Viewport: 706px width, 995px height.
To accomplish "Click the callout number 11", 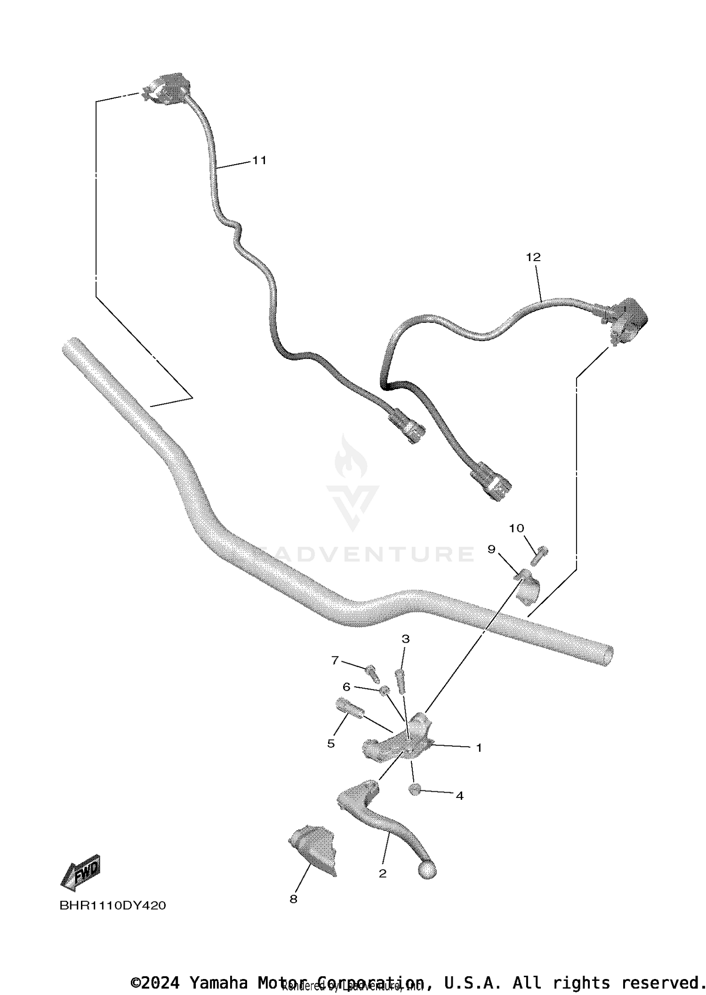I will pyautogui.click(x=259, y=160).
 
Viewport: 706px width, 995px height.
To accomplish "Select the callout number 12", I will pyautogui.click(x=533, y=257).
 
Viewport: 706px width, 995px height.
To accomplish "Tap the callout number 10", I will pyautogui.click(x=516, y=528).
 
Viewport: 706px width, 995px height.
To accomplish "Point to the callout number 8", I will pyautogui.click(x=293, y=899).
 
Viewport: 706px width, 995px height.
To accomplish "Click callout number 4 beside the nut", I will pyautogui.click(x=460, y=796).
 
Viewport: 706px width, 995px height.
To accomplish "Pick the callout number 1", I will pyautogui.click(x=479, y=748).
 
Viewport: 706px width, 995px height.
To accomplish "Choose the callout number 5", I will pyautogui.click(x=331, y=743).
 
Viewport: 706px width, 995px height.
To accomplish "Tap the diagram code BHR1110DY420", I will pyautogui.click(x=112, y=906).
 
